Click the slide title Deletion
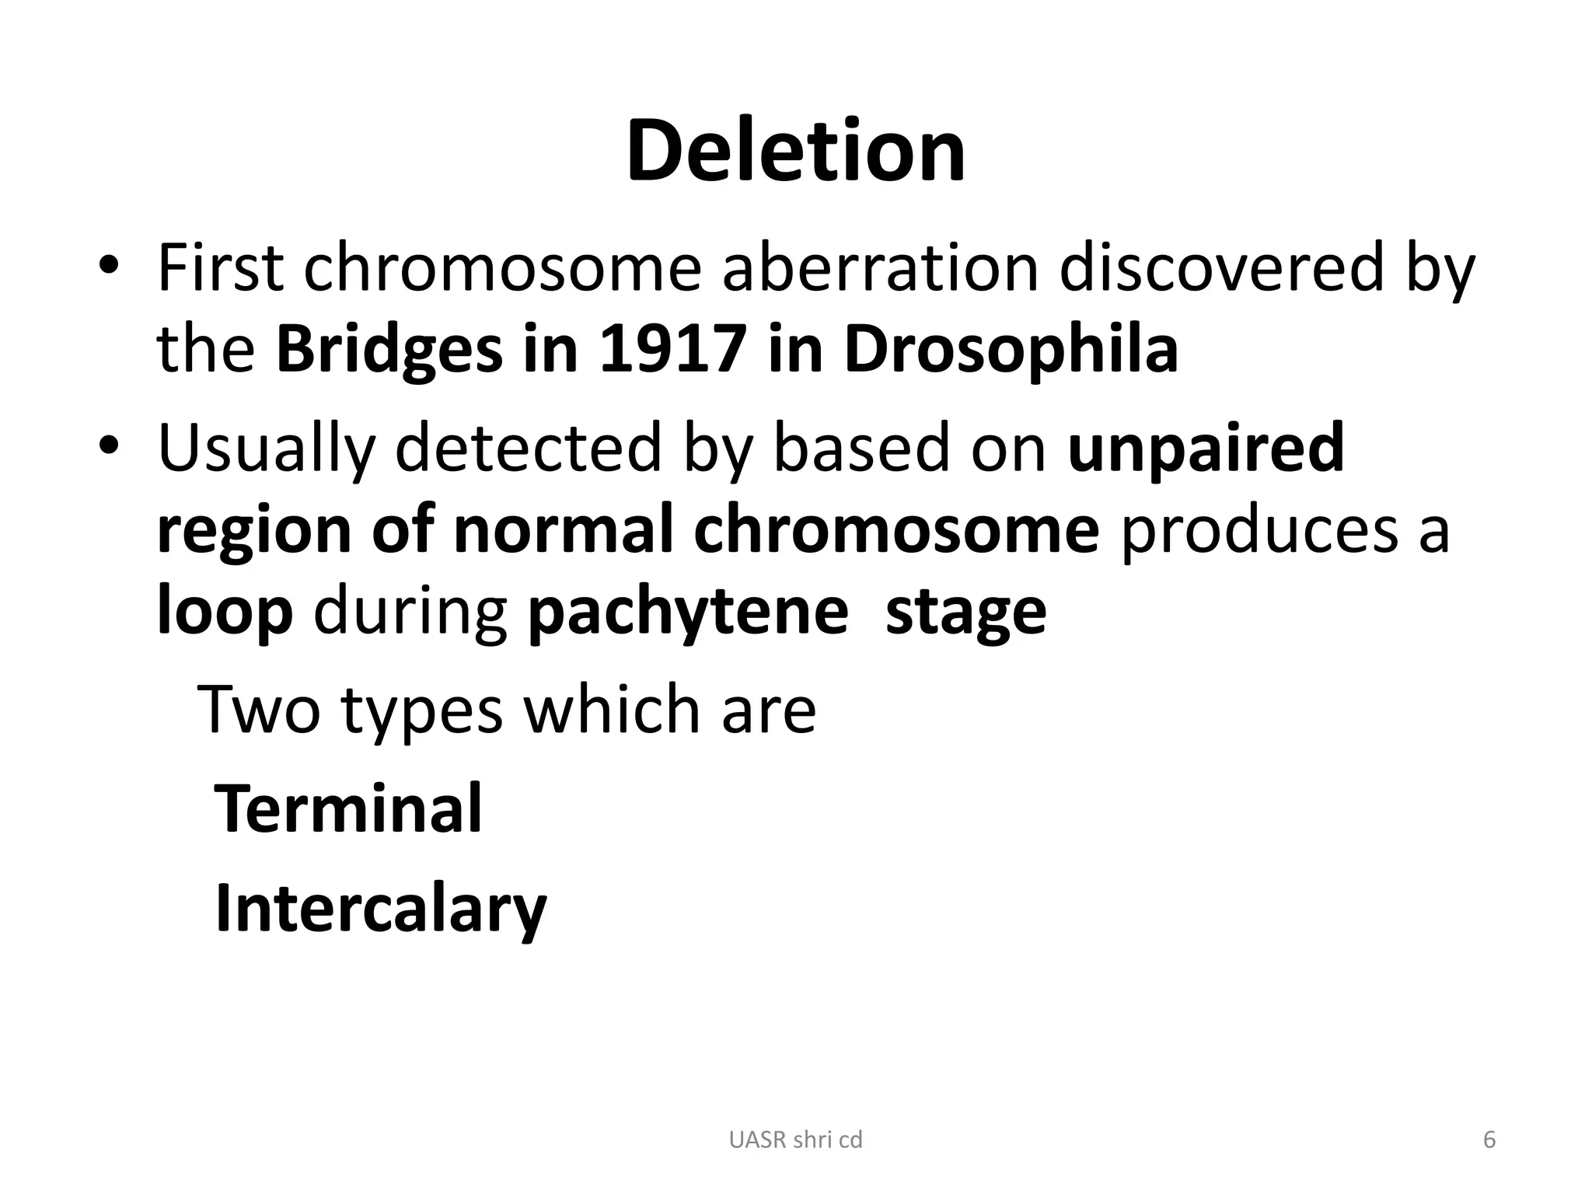pos(795,151)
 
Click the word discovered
pos(1221,268)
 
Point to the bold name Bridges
pos(389,349)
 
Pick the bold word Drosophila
pos(1011,349)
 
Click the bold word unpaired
pos(1206,449)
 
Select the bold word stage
pos(965,614)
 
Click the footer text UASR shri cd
pos(795,1140)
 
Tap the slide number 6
pos(1489,1140)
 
